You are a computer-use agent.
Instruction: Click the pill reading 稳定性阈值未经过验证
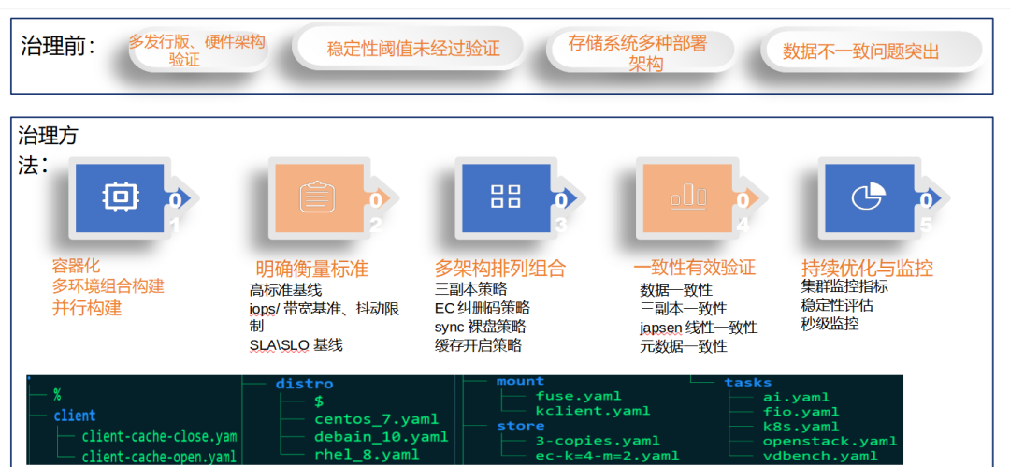[412, 49]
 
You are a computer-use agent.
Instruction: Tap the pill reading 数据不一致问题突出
[860, 51]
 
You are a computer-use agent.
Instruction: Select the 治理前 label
[58, 47]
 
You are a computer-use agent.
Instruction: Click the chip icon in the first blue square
[119, 196]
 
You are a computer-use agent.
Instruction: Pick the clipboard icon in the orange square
[317, 197]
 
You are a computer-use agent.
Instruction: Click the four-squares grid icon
[505, 197]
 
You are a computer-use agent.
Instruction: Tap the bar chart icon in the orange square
[687, 197]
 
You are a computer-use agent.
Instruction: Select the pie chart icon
[868, 197]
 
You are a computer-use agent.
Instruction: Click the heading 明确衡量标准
[311, 270]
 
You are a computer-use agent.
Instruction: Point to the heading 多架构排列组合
[500, 269]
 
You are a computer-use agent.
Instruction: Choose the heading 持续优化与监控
[867, 269]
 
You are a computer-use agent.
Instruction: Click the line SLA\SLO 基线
[296, 345]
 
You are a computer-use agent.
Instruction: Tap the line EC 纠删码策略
[482, 307]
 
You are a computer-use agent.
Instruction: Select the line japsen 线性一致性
[699, 328]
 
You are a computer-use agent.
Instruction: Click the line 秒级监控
[830, 324]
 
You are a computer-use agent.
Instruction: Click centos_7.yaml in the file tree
[376, 419]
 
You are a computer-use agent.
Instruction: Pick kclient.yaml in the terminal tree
[592, 411]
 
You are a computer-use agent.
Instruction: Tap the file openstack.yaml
[830, 441]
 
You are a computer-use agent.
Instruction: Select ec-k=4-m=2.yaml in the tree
[607, 456]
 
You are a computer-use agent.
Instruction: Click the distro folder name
[304, 384]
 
